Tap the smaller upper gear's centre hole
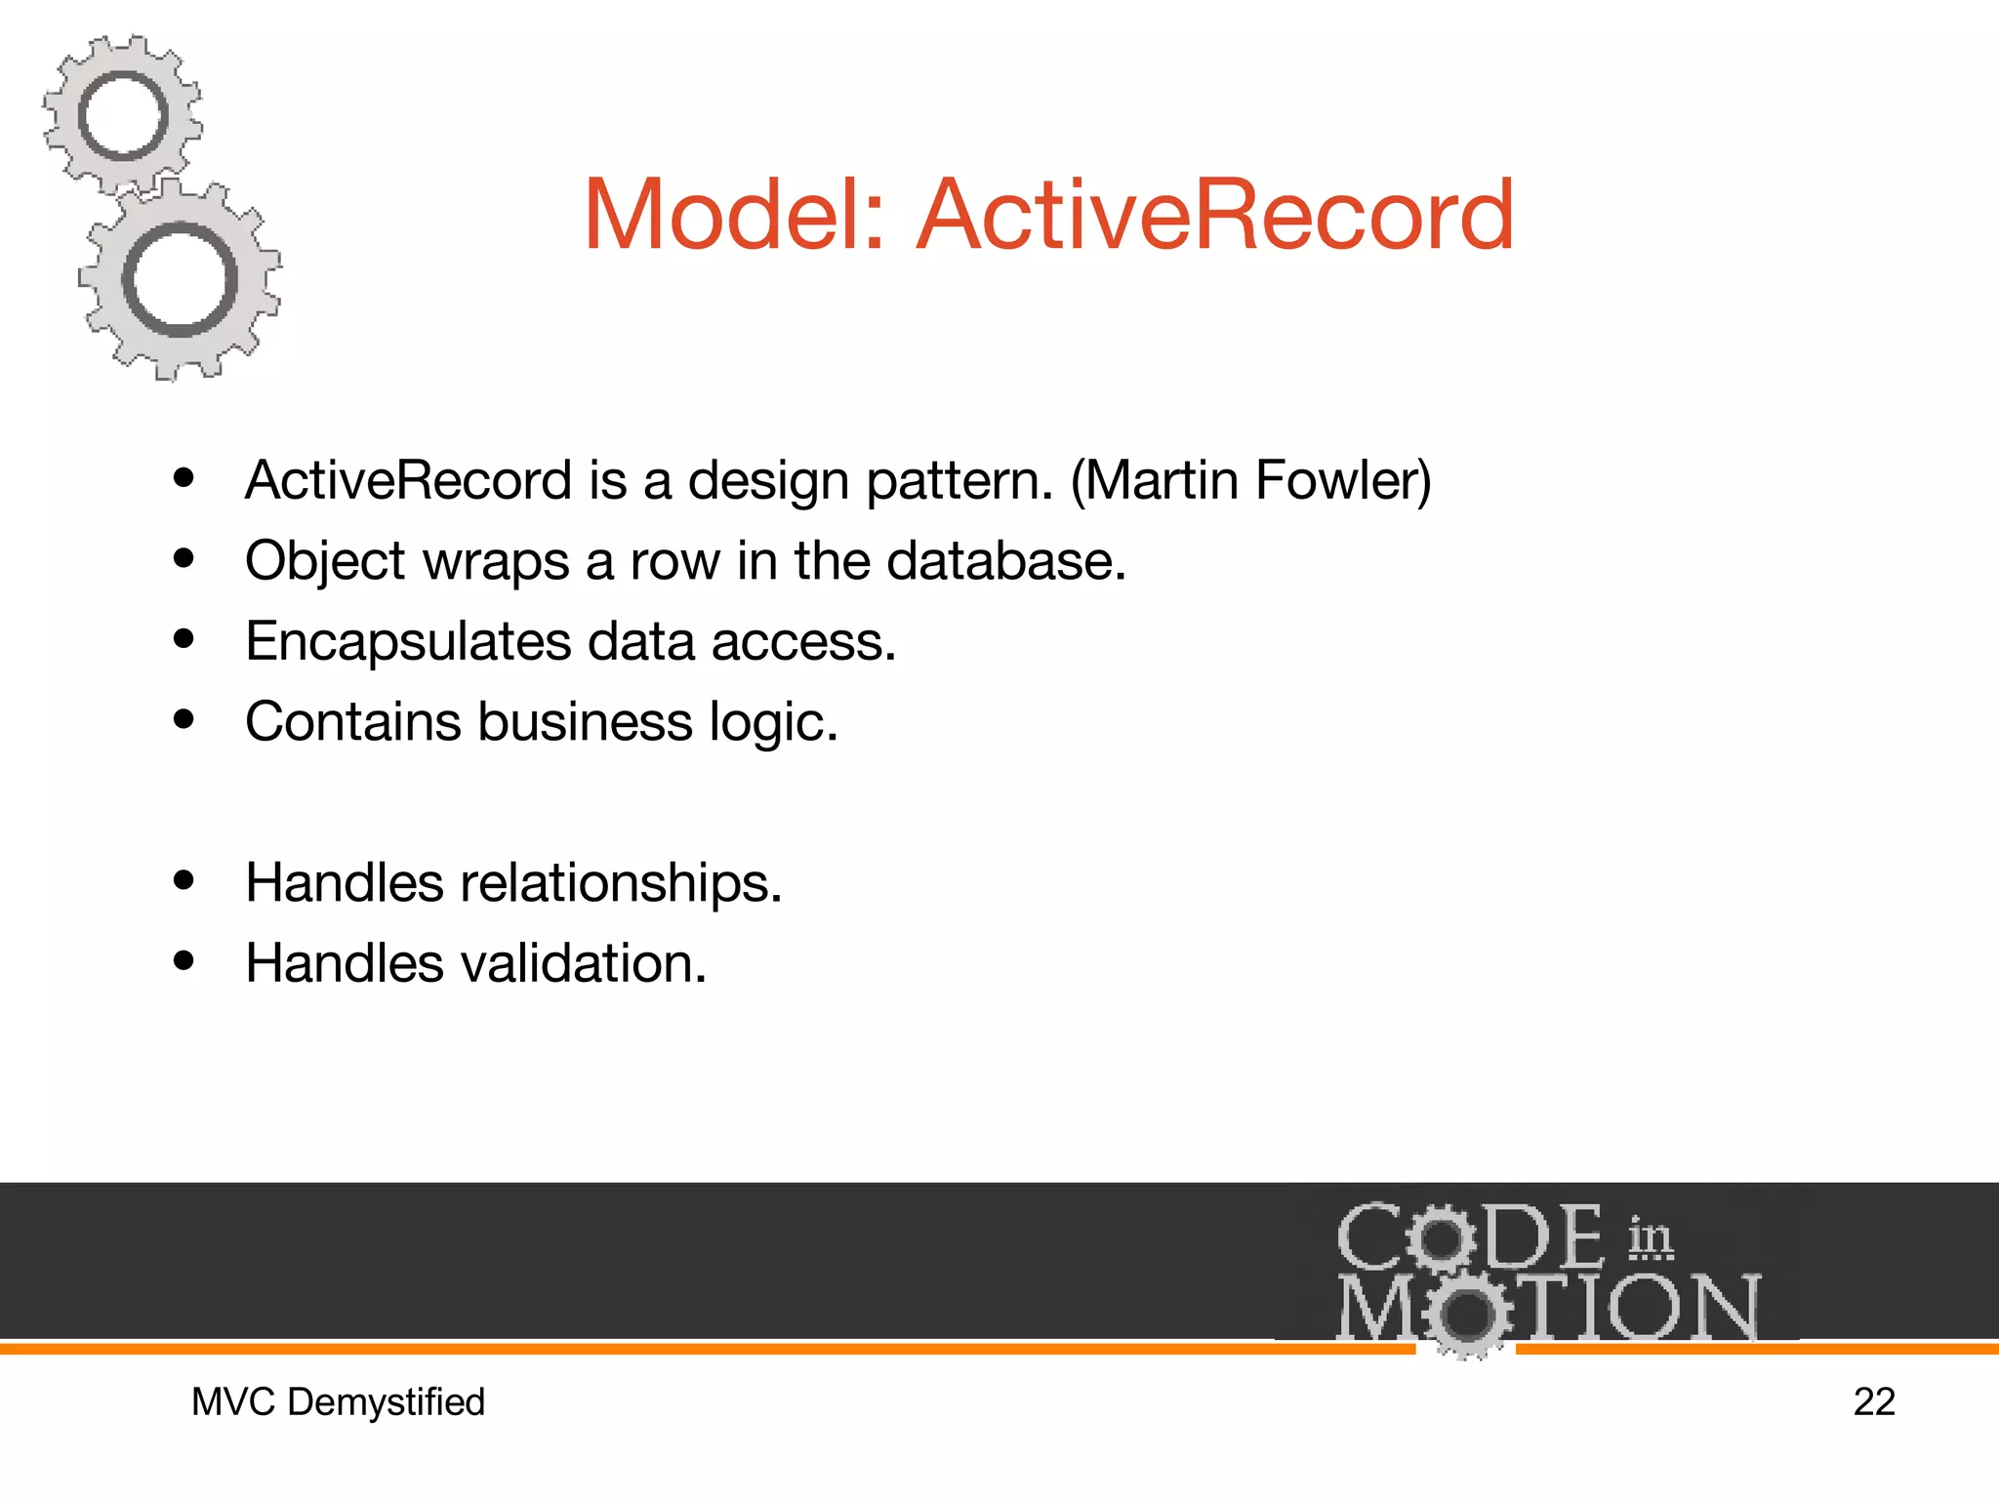click(123, 117)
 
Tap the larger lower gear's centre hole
click(181, 280)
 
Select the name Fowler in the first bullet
click(1342, 480)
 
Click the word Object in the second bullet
click(325, 562)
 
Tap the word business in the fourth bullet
click(585, 722)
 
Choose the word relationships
click(621, 883)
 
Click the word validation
click(583, 963)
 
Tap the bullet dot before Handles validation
click(184, 961)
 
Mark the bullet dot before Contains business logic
click(184, 720)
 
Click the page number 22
click(1873, 1402)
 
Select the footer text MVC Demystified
click(338, 1402)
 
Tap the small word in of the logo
click(1650, 1237)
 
